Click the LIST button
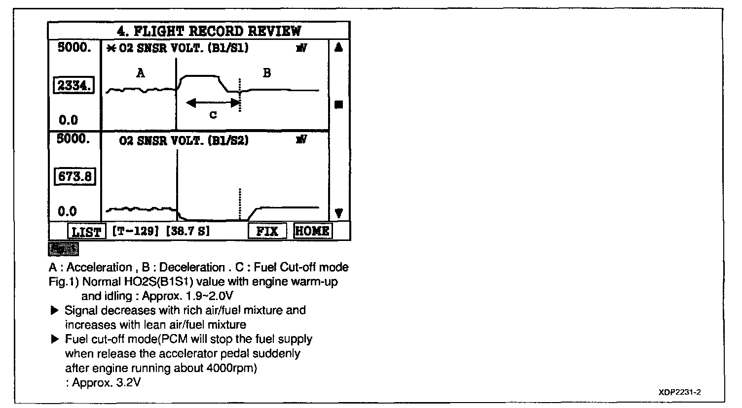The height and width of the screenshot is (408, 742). click(x=86, y=232)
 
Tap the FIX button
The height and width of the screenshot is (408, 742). click(x=267, y=232)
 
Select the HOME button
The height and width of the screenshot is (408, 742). click(x=312, y=231)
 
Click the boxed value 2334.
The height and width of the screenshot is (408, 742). click(x=74, y=86)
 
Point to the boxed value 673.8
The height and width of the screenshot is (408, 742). click(x=74, y=176)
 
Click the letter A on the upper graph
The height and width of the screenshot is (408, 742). click(x=141, y=73)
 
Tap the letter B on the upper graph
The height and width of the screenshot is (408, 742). click(x=267, y=73)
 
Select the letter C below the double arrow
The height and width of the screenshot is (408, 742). click(x=213, y=115)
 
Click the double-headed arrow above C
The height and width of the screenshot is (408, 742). click(x=213, y=102)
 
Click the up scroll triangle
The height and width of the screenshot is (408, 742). click(x=339, y=48)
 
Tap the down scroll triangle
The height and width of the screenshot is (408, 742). click(x=339, y=213)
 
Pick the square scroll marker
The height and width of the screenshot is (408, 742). click(x=339, y=104)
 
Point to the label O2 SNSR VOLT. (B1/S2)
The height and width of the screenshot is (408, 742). click(x=184, y=141)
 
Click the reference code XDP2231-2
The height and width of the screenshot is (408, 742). click(x=679, y=392)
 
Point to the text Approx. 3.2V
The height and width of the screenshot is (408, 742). click(x=107, y=382)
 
